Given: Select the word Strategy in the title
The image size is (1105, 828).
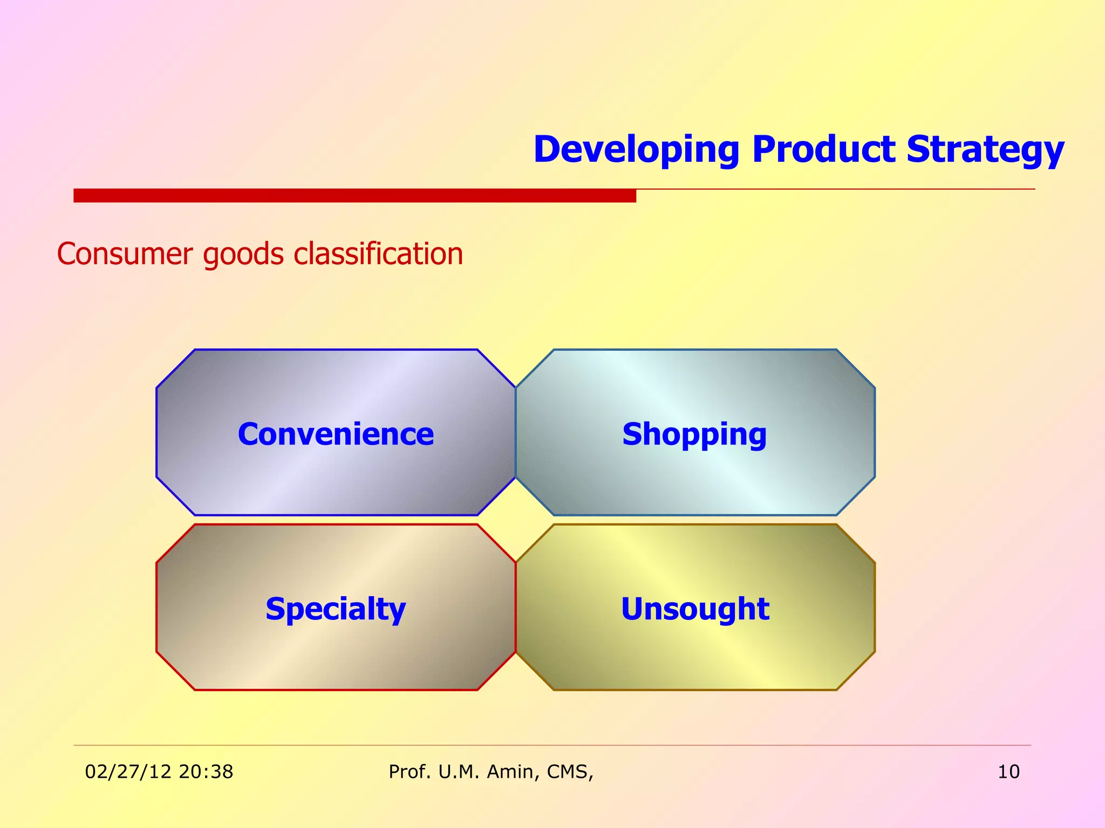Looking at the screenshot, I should pos(985,150).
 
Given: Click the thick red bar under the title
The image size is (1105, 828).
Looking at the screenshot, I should pos(354,196).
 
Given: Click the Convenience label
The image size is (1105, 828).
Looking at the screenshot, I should pos(336,434).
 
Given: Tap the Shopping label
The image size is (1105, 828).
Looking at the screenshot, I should pos(694,434).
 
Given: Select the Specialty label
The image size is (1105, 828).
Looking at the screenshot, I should pos(336,609).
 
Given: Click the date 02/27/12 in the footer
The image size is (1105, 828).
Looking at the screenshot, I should pos(128,772).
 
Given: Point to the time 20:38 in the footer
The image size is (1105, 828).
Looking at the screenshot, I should pos(206,772).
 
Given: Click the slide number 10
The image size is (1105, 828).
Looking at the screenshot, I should pos(1008,772).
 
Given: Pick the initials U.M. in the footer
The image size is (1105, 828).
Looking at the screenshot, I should pos(459,772).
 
